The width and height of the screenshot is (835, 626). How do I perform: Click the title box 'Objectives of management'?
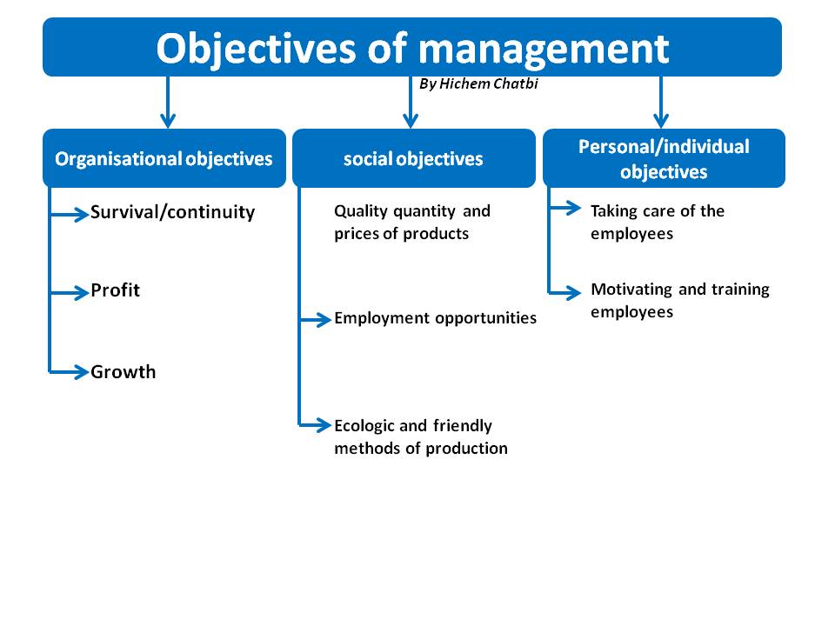pos(412,47)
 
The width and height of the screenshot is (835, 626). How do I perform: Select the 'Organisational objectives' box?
pos(164,158)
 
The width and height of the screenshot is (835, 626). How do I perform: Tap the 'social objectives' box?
pos(413,158)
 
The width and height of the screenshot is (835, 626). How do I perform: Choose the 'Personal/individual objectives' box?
pos(664,158)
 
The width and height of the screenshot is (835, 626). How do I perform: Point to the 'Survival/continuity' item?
pos(172,212)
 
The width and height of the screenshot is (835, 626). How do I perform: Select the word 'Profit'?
pos(115,290)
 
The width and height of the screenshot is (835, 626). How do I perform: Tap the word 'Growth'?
pos(124,372)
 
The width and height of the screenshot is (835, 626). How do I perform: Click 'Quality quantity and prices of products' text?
pos(411,222)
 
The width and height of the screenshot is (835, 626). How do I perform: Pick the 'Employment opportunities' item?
pos(435,318)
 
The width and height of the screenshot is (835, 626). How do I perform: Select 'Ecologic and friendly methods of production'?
pos(420,436)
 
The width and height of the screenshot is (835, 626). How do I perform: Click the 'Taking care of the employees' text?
pos(657,222)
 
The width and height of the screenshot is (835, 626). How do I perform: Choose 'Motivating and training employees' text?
pos(679,300)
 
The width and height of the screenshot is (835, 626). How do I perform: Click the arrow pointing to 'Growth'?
pos(70,371)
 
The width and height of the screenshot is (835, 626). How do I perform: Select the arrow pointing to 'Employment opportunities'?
pos(317,319)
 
